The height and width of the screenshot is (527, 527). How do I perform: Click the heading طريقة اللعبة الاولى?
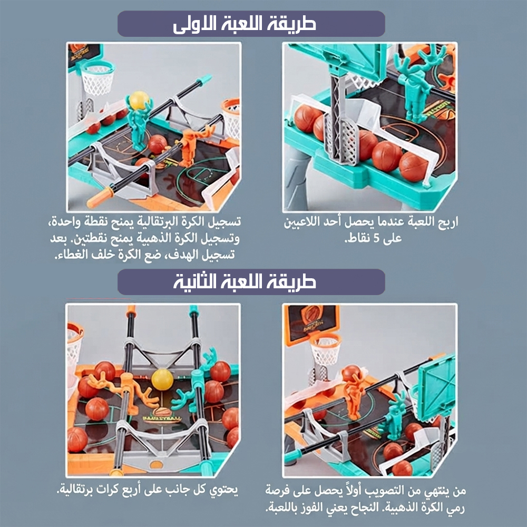point(245,24)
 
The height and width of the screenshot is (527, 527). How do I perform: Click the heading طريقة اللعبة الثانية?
point(245,282)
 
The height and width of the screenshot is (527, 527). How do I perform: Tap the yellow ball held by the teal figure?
point(139,100)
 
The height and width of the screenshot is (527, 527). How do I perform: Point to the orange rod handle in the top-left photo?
point(100,197)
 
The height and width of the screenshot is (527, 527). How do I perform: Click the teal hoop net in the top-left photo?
point(98,79)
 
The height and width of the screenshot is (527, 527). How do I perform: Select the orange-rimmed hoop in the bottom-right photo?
point(325,349)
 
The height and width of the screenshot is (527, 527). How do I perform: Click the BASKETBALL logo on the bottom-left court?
point(162,415)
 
